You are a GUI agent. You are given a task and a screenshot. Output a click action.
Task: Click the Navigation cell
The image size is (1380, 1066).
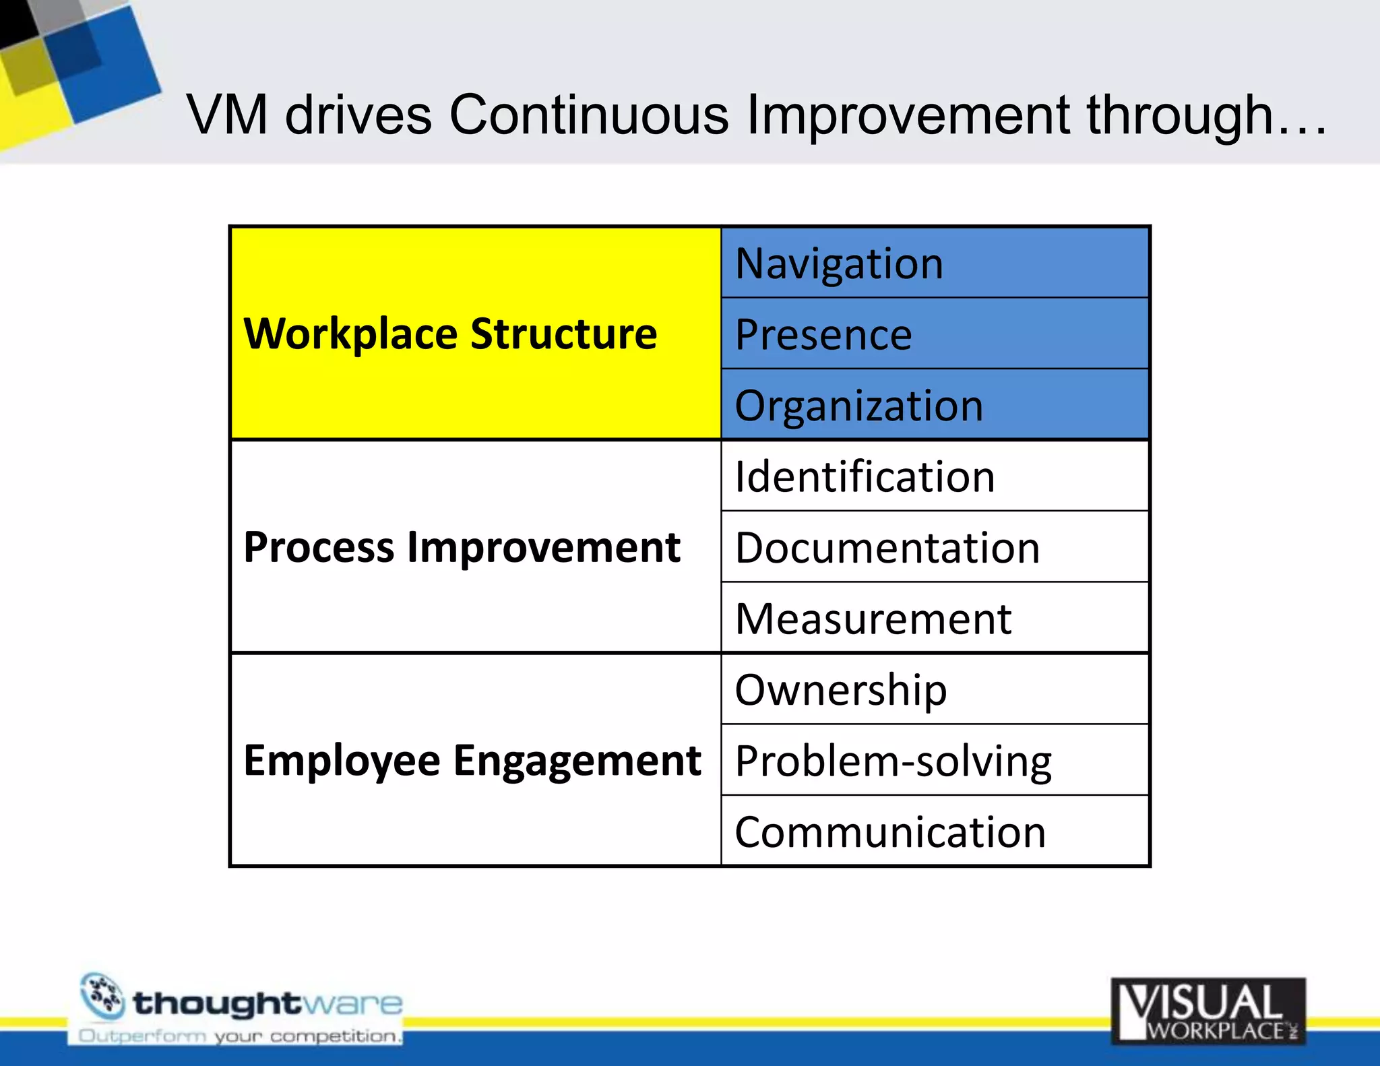[x=934, y=263]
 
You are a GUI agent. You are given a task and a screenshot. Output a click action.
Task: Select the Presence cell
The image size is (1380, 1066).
[x=934, y=334]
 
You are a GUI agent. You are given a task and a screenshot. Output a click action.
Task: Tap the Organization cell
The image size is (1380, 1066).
[x=934, y=405]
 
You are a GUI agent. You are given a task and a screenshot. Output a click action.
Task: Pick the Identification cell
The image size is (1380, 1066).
[x=934, y=476]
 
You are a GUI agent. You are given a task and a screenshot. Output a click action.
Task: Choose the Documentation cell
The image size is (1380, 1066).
[x=934, y=547]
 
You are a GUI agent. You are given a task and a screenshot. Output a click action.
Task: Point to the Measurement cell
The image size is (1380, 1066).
[x=934, y=619]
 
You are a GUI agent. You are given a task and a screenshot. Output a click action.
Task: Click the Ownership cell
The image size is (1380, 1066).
[x=934, y=689]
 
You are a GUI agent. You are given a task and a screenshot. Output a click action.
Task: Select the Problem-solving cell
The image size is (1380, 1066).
[x=934, y=761]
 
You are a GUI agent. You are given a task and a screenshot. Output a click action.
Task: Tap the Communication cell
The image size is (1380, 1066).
[x=934, y=832]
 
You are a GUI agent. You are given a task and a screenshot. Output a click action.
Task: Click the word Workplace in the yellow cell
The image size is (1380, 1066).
[x=350, y=334]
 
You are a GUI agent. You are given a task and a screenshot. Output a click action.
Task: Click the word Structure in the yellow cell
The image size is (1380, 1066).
[x=563, y=334]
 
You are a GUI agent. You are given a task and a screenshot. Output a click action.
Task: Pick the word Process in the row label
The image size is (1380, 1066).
[x=318, y=547]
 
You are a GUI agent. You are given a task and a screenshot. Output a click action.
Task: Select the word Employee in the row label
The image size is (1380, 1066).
[x=342, y=761]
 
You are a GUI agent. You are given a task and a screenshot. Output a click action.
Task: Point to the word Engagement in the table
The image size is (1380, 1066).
[x=577, y=761]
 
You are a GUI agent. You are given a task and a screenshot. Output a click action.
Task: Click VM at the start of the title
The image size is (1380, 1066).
[x=227, y=115]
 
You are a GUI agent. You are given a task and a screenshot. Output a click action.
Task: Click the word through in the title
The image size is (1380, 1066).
[x=1180, y=115]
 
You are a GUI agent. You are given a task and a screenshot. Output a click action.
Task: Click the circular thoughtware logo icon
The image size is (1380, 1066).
[x=102, y=996]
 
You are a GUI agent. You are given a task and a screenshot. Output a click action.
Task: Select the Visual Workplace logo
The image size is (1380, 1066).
[x=1208, y=1011]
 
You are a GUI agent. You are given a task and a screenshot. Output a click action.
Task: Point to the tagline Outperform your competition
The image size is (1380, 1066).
[x=240, y=1036]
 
